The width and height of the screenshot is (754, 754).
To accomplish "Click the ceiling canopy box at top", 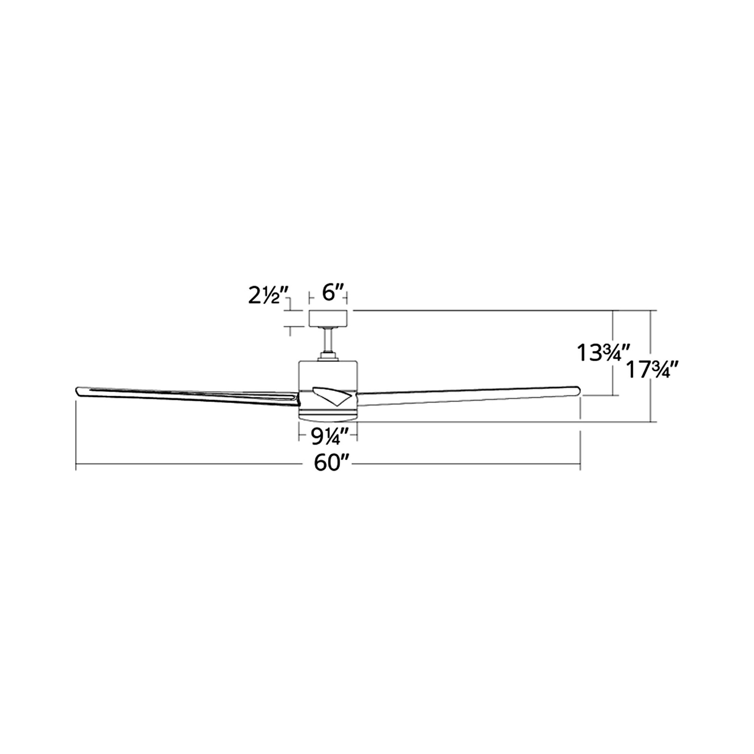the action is [328, 318].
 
